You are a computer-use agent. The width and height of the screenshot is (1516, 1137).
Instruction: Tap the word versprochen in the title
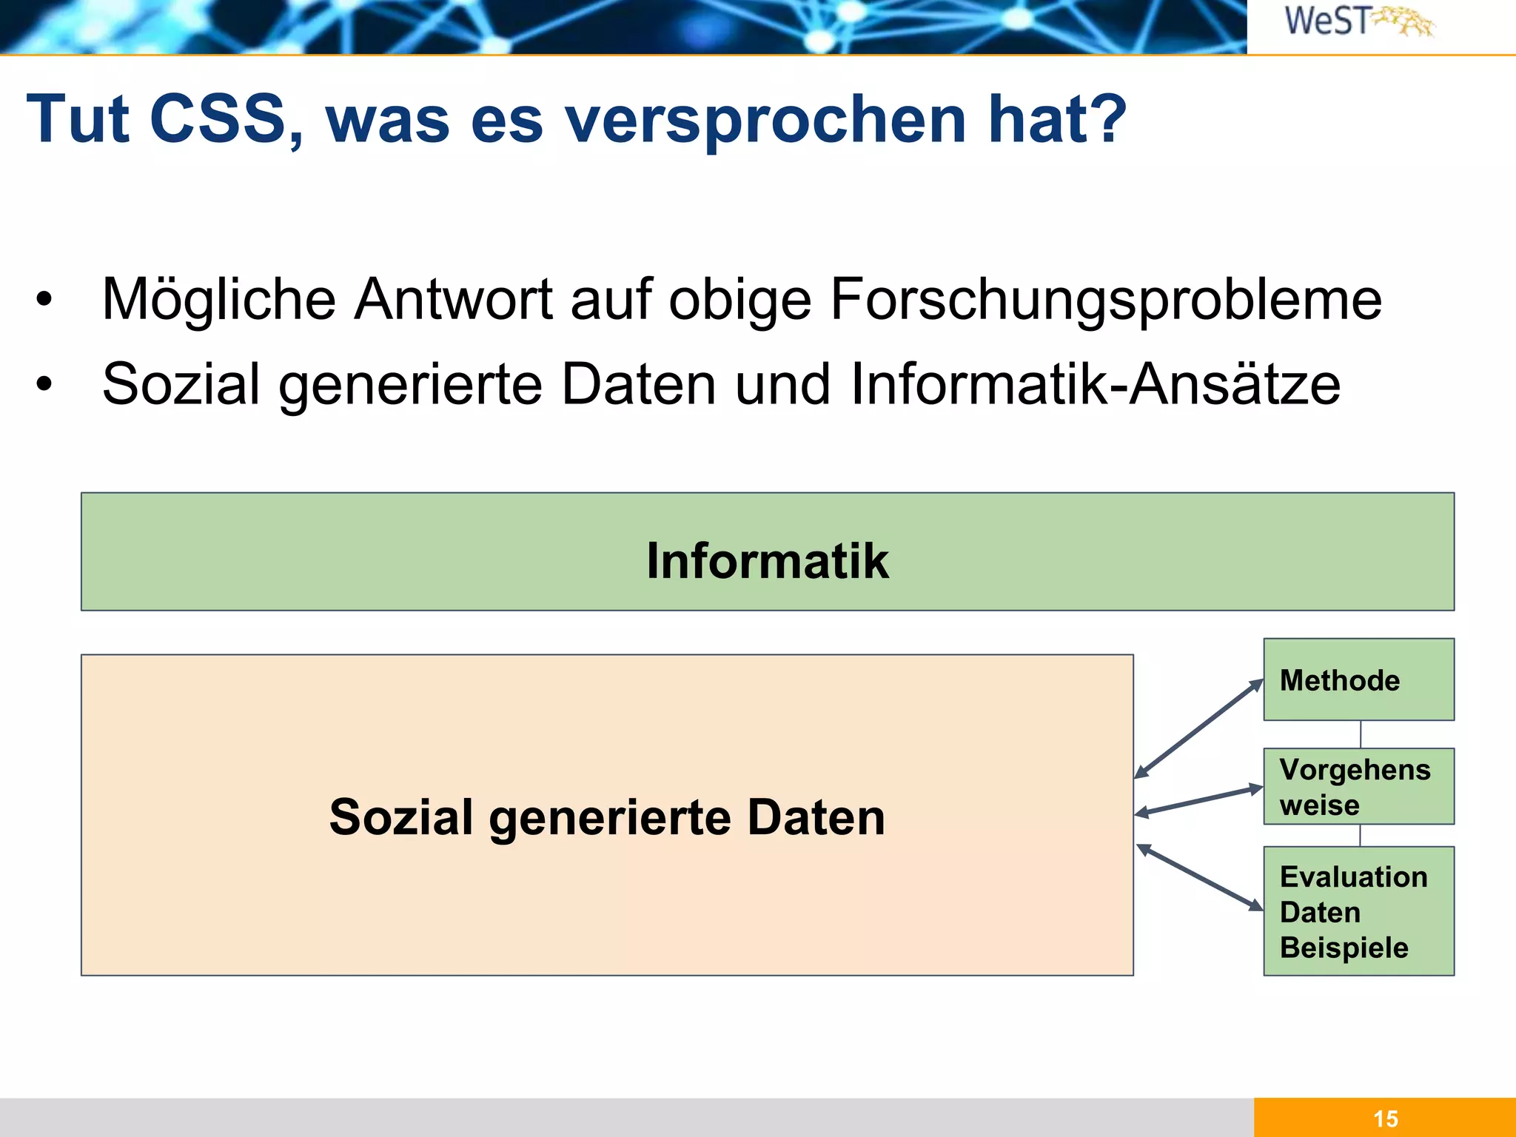point(765,120)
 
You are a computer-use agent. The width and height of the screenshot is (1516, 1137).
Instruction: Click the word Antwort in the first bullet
point(453,299)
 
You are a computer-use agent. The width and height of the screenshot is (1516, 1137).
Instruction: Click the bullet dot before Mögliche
point(44,300)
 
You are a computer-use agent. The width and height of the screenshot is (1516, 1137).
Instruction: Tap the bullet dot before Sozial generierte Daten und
point(44,384)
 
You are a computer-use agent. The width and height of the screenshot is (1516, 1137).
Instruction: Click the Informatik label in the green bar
point(767,560)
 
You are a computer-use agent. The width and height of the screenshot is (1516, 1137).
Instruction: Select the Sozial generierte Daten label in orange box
point(607,816)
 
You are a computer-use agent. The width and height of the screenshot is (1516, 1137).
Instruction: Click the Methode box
point(1358,680)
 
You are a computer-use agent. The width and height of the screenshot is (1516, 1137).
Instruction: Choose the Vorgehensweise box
point(1358,786)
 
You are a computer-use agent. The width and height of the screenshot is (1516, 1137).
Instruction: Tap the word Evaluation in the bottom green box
point(1353,876)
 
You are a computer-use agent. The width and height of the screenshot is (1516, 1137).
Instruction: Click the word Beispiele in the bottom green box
point(1344,947)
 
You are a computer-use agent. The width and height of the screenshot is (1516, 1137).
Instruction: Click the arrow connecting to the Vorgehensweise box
point(1199,801)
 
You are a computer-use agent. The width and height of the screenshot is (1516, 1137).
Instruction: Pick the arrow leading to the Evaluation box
point(1199,877)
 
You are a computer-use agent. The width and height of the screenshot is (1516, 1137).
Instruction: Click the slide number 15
point(1385,1118)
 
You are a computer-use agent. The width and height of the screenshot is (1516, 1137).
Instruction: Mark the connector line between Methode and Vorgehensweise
point(1361,734)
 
